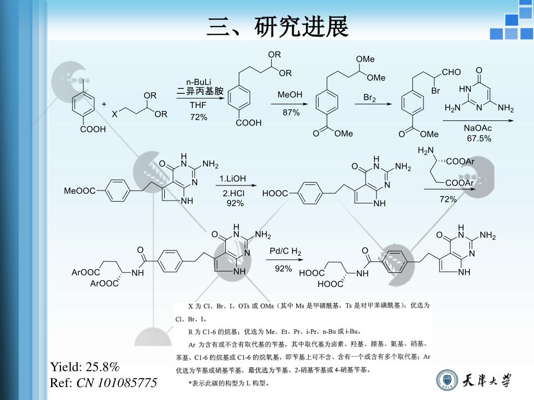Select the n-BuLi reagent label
199,82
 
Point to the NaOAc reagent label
478,128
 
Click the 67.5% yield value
479,138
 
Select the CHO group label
451,72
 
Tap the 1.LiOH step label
233,179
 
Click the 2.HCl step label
233,194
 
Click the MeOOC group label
79,191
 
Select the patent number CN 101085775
117,383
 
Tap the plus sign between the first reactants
104,104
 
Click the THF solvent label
198,105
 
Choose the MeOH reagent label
290,95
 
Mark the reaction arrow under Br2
372,104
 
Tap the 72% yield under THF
199,117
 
